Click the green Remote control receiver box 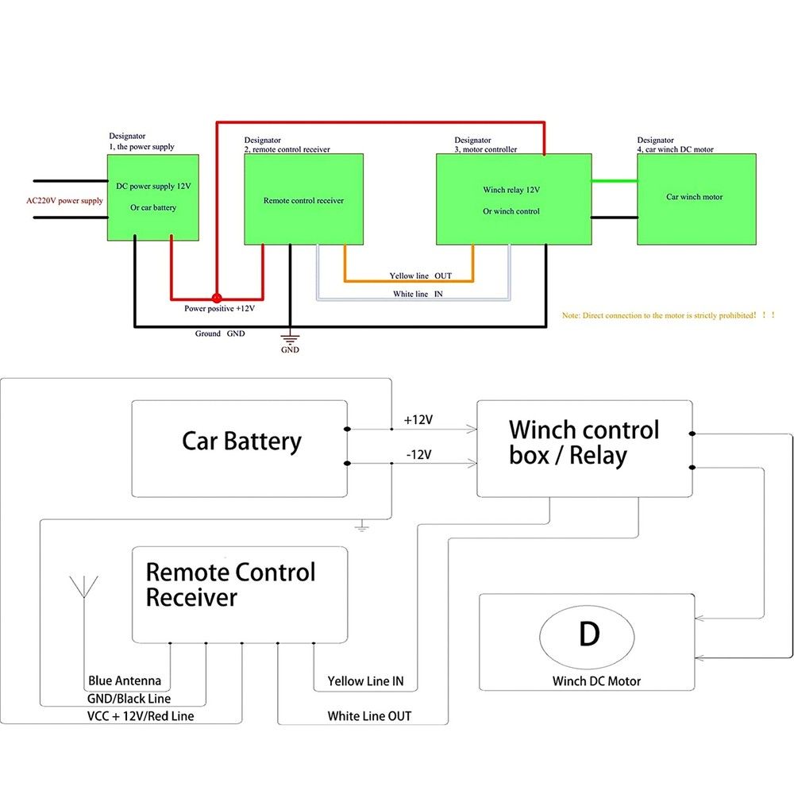(303, 200)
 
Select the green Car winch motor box (696, 198)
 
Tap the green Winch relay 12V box (513, 200)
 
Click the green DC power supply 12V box (152, 197)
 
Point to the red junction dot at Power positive (215, 299)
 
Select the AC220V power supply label (64, 201)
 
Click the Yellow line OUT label (420, 276)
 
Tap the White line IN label (418, 295)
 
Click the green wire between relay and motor (614, 181)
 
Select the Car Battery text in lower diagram (241, 441)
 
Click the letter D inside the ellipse (588, 634)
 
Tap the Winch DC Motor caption (596, 680)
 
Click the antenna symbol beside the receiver (83, 588)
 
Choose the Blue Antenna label (125, 680)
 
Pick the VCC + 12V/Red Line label (141, 716)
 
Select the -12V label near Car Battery (418, 454)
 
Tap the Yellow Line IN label (366, 681)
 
